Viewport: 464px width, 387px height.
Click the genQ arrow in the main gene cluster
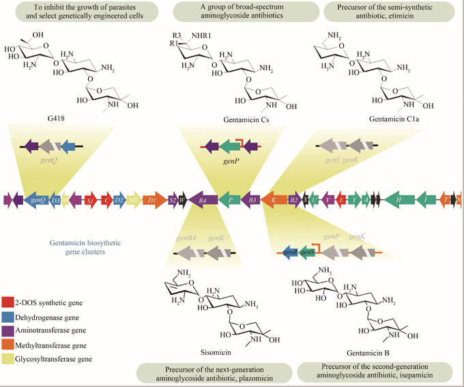click(38, 200)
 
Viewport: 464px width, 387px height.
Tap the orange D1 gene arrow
click(154, 200)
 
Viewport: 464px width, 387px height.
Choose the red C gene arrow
click(106, 200)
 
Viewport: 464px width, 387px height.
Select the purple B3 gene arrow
click(251, 200)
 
